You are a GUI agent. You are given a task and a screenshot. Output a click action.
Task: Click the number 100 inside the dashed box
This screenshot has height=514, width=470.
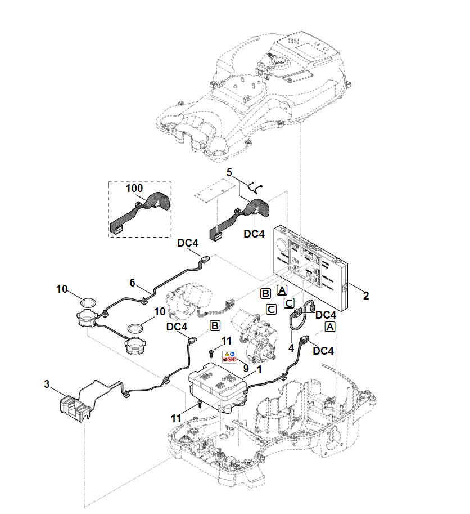(134, 188)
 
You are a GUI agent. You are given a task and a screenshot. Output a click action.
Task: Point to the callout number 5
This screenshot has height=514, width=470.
(229, 171)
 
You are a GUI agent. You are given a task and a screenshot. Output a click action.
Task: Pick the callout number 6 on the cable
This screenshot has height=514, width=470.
(133, 283)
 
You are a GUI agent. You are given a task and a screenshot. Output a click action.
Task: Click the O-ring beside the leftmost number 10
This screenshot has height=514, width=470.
(87, 302)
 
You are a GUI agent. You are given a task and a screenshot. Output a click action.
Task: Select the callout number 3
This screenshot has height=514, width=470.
(47, 384)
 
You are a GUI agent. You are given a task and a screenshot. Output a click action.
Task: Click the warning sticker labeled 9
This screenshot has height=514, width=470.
(229, 356)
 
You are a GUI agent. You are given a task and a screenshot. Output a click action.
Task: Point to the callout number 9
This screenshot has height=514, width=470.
(246, 367)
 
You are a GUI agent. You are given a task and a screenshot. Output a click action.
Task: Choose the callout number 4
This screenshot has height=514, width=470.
(291, 348)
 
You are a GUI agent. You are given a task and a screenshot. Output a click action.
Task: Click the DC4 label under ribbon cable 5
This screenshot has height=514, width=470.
(254, 233)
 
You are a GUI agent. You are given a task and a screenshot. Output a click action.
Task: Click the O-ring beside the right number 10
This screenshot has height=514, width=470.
(137, 327)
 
